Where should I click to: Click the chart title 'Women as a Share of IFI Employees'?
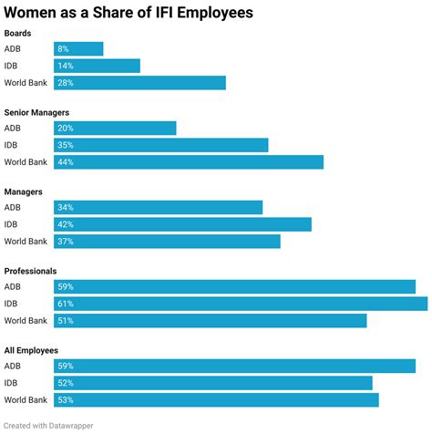(x=129, y=13)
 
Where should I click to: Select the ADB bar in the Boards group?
(x=78, y=49)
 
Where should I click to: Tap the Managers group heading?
(x=25, y=191)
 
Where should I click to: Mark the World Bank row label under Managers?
(x=26, y=242)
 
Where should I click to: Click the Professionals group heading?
(x=31, y=271)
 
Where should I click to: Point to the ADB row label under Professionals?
(x=13, y=287)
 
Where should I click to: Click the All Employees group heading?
(x=32, y=350)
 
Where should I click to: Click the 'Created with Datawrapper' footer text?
(x=47, y=425)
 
